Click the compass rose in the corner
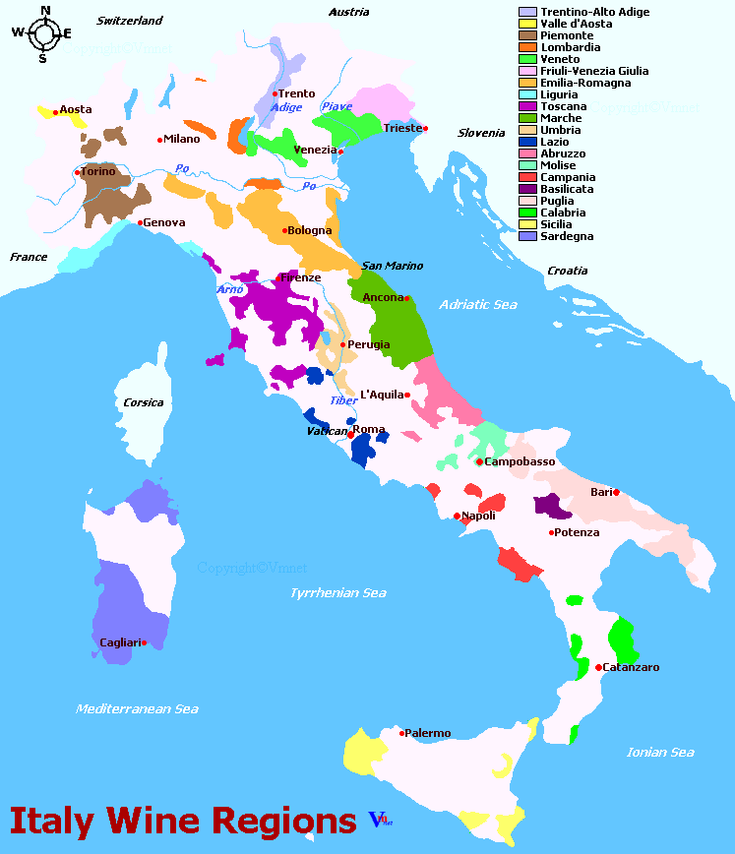click(x=42, y=32)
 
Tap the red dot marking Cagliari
click(x=144, y=642)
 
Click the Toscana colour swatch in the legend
click(x=527, y=106)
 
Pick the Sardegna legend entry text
click(x=567, y=236)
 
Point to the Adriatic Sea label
click(x=477, y=304)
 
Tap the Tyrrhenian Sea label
click(x=337, y=592)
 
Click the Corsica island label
click(x=144, y=402)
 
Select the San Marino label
click(x=392, y=266)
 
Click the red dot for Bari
click(x=617, y=492)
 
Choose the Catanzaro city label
click(x=631, y=667)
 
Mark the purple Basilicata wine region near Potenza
click(x=552, y=507)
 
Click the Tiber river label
click(x=343, y=400)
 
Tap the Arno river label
click(x=229, y=289)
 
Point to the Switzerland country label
click(x=129, y=20)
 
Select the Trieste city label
click(x=401, y=128)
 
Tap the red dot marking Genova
click(x=140, y=222)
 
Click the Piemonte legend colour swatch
click(x=527, y=35)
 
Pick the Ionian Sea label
click(x=660, y=752)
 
